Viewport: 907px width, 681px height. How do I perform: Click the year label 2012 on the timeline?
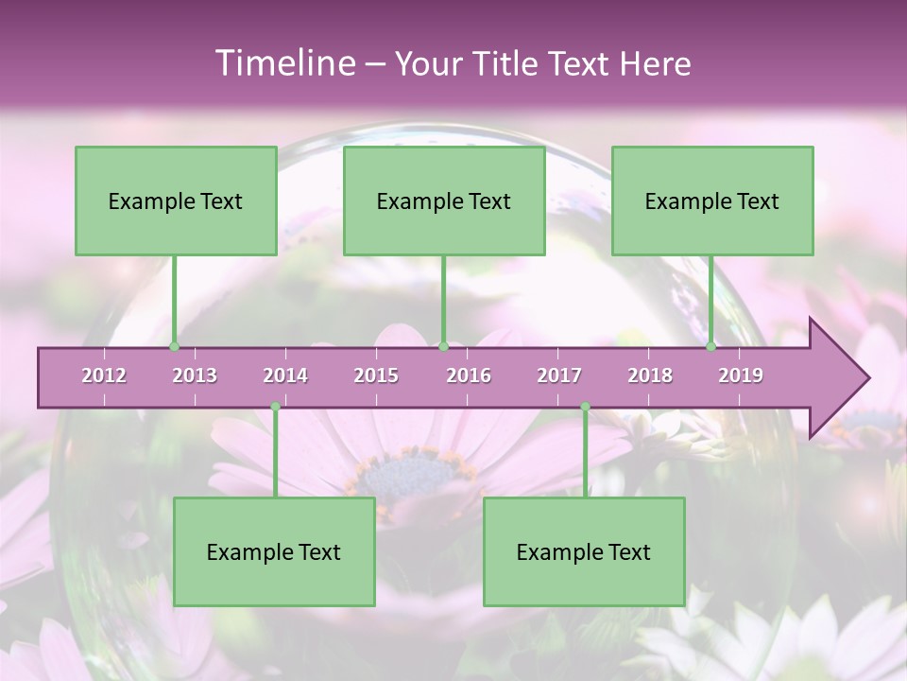click(x=104, y=375)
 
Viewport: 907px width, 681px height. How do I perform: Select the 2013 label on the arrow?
click(x=195, y=375)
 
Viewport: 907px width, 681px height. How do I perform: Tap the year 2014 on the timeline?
click(x=285, y=375)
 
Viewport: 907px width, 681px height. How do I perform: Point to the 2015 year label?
click(x=376, y=375)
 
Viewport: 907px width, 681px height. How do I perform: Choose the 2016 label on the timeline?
click(x=469, y=375)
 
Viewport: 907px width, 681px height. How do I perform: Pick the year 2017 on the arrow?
click(x=559, y=375)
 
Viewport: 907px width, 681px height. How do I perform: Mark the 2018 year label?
click(x=650, y=375)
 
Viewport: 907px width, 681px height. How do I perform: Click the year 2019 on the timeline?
click(x=741, y=375)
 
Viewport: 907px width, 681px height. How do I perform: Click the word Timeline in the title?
click(x=283, y=63)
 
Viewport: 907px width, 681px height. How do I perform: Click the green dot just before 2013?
click(x=174, y=347)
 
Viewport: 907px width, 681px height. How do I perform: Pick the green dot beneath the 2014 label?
click(x=275, y=407)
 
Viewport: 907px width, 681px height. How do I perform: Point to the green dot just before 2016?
click(x=443, y=347)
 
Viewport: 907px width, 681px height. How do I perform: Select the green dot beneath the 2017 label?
click(x=585, y=407)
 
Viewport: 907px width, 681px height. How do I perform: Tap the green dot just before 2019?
click(x=711, y=347)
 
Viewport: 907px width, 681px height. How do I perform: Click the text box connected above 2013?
click(x=176, y=201)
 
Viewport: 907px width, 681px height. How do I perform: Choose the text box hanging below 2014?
click(x=274, y=551)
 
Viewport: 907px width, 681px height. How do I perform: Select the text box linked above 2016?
click(x=444, y=201)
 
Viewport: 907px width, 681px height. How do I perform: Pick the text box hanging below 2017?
click(x=584, y=551)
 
